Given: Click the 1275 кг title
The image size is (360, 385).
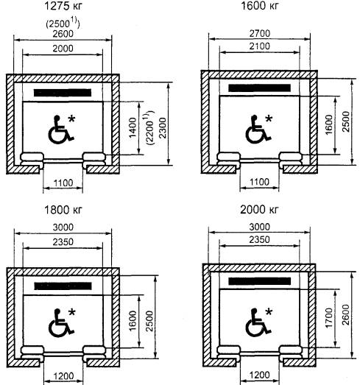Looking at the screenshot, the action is (x=63, y=6).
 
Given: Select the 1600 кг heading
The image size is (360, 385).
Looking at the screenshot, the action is (x=260, y=6).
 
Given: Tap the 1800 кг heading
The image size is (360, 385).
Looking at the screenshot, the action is (x=63, y=211).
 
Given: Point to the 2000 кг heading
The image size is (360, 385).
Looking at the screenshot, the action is (x=259, y=210).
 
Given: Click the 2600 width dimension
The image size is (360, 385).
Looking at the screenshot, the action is (x=63, y=34).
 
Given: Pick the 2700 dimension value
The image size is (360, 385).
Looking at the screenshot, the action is (x=260, y=33).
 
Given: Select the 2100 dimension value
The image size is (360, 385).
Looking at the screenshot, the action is (x=260, y=46).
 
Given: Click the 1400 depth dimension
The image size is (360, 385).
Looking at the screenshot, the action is (x=133, y=127).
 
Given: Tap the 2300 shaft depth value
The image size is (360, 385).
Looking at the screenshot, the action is (x=163, y=128).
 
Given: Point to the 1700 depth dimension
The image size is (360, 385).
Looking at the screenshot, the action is (x=328, y=317).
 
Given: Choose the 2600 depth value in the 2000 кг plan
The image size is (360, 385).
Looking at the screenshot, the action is (x=346, y=315).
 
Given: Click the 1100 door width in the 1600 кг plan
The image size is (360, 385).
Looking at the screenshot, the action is (x=260, y=182).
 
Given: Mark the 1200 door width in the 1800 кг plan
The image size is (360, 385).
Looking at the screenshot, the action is (x=63, y=376).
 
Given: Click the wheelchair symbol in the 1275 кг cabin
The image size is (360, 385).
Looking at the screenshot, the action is (x=60, y=130).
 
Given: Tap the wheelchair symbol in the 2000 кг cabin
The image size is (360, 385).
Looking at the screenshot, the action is (x=258, y=322).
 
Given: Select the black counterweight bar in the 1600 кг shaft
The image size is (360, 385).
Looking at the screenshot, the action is (x=260, y=88).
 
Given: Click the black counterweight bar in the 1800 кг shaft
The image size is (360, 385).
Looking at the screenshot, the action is (x=63, y=286).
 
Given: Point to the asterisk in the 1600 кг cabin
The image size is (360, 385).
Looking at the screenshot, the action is (x=269, y=119).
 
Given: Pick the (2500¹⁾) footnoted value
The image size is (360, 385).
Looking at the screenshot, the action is (x=63, y=24).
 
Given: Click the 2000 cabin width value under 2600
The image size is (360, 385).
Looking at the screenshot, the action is (x=63, y=49).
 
